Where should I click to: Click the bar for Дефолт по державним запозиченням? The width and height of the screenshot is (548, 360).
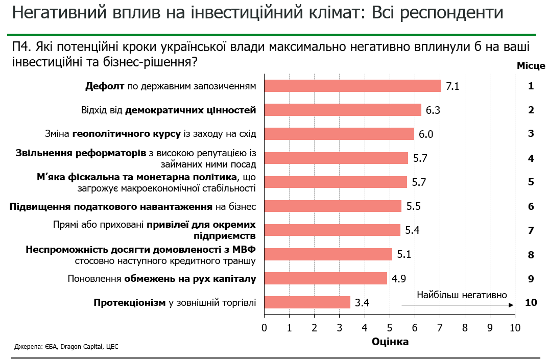pyautogui.click(x=352, y=86)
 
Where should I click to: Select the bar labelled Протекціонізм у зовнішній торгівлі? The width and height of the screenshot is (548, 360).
pyautogui.click(x=307, y=302)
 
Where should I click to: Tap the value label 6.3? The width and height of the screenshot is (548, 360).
pyautogui.click(x=433, y=110)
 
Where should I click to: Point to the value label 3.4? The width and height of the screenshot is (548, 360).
pyautogui.click(x=362, y=303)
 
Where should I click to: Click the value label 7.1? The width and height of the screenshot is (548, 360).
pyautogui.click(x=452, y=86)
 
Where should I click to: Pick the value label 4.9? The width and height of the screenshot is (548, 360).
pyautogui.click(x=399, y=279)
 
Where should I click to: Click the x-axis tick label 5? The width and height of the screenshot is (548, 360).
pyautogui.click(x=390, y=327)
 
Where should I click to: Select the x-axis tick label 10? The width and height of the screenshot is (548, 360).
pyautogui.click(x=515, y=327)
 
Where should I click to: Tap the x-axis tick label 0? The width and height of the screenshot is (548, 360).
pyautogui.click(x=264, y=327)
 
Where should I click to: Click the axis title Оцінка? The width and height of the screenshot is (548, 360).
pyautogui.click(x=390, y=342)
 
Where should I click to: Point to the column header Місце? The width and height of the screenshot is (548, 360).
pyautogui.click(x=531, y=66)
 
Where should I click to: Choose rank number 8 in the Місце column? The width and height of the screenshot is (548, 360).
pyautogui.click(x=531, y=254)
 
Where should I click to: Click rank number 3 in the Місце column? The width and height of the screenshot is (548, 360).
pyautogui.click(x=531, y=134)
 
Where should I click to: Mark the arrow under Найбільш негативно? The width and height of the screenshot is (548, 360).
pyautogui.click(x=457, y=305)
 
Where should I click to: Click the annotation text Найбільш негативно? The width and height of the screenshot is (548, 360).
pyautogui.click(x=462, y=295)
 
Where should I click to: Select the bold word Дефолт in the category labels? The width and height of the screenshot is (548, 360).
pyautogui.click(x=105, y=86)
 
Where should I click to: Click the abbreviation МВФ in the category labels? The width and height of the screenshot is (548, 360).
pyautogui.click(x=244, y=250)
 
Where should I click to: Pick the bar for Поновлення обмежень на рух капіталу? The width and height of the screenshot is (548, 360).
pyautogui.click(x=325, y=278)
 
